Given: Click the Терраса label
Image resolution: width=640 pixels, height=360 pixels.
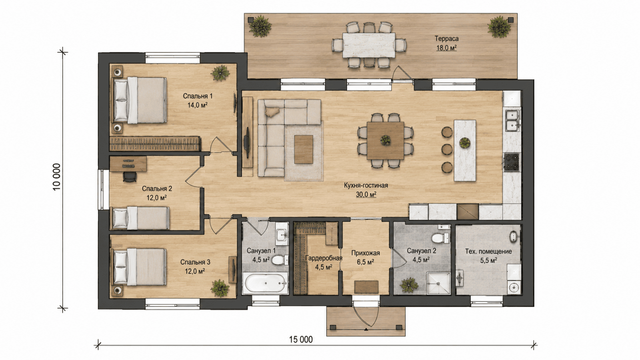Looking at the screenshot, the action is click(x=446, y=38).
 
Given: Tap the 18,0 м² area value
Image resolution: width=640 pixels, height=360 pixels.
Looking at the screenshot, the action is click(x=446, y=48).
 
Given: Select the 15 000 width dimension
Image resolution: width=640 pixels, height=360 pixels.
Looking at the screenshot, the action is click(x=301, y=340).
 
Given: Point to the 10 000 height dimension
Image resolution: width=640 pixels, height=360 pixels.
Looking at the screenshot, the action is click(x=56, y=176).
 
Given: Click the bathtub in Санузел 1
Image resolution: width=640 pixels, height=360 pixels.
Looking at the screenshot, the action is click(x=265, y=283).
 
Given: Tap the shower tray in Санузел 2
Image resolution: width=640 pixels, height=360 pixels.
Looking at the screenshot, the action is click(x=438, y=284).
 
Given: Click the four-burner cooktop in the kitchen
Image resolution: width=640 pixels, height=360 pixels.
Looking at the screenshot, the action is click(x=512, y=162).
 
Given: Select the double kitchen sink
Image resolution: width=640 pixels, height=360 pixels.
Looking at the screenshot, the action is click(x=513, y=120).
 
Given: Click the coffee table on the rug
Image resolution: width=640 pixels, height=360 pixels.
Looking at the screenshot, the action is click(x=304, y=149).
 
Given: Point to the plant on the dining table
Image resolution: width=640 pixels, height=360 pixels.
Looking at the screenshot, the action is click(x=386, y=140).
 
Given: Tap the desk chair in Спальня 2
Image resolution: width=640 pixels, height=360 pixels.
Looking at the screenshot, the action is click(x=130, y=176).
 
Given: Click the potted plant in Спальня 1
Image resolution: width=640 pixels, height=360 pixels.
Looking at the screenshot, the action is click(x=220, y=73).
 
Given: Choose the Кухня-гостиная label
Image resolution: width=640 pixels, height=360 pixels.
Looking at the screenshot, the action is click(x=366, y=186).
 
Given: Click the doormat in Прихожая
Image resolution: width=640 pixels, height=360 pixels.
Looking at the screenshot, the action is click(x=366, y=287).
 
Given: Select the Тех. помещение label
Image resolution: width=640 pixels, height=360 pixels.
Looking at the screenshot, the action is click(x=488, y=252).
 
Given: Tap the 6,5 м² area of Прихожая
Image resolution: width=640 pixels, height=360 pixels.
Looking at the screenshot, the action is click(x=366, y=262).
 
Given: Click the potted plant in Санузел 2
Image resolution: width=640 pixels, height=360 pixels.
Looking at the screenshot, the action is click(x=409, y=284).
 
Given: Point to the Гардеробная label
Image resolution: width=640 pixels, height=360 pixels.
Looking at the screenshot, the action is click(x=324, y=258).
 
